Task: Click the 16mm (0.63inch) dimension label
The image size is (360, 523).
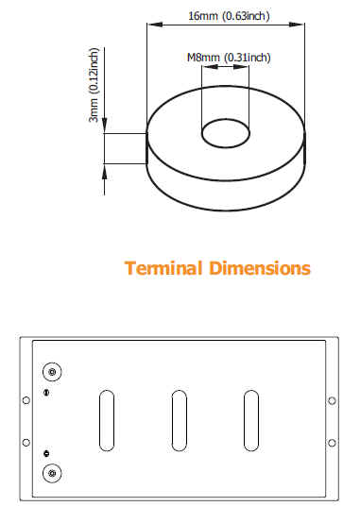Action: click(x=229, y=16)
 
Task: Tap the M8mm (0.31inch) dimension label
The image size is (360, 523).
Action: click(x=229, y=58)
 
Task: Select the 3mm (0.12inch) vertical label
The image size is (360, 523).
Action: click(x=94, y=85)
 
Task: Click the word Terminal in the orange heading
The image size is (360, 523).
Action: click(x=163, y=268)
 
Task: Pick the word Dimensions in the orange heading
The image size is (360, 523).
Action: click(x=260, y=268)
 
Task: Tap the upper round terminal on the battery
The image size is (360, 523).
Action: click(x=52, y=372)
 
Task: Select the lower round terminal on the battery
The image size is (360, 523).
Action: click(x=52, y=473)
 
